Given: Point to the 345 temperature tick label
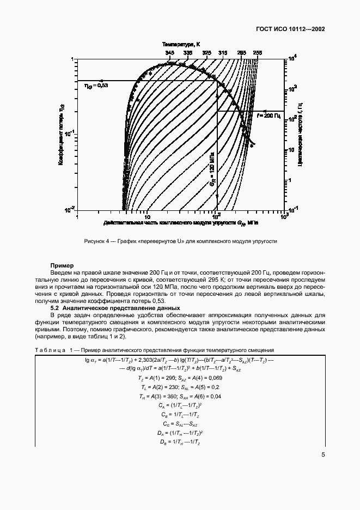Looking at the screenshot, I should (170, 52).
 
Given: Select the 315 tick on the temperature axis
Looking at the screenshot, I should (223, 52).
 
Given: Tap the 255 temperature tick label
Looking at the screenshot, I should (258, 52).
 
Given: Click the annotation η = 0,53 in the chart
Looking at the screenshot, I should (96, 86).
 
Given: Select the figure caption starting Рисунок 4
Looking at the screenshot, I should (181, 241).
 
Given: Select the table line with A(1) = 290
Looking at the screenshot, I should (180, 378).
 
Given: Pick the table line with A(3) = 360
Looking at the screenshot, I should (180, 396).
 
